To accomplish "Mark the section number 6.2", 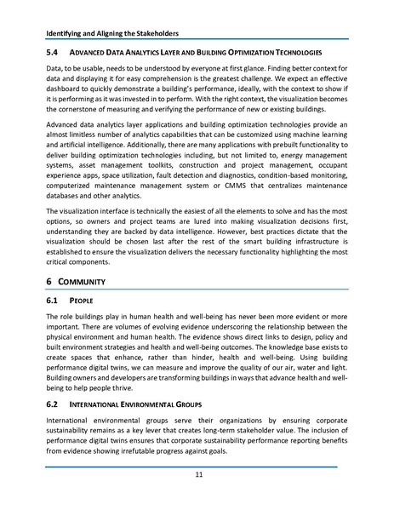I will click(53, 420).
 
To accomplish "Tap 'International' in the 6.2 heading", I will click(103, 420).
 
